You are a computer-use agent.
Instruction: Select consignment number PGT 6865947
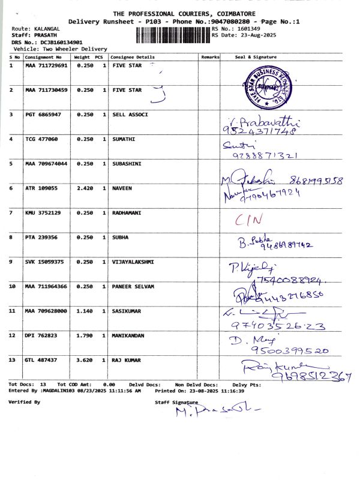(x=43, y=114)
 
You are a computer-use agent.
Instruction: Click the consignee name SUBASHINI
(x=131, y=163)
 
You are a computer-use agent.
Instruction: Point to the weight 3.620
(x=82, y=360)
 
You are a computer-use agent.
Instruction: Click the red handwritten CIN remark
(x=248, y=220)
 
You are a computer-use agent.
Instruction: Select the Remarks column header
(x=210, y=56)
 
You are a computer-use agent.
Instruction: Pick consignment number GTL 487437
(x=41, y=360)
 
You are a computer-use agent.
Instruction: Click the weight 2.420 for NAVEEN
(x=82, y=188)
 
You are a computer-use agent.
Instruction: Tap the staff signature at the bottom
(x=218, y=412)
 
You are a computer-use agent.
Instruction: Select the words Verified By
(x=25, y=402)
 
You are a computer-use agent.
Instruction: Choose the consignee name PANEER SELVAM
(x=133, y=286)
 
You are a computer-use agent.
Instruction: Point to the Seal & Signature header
(x=256, y=56)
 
